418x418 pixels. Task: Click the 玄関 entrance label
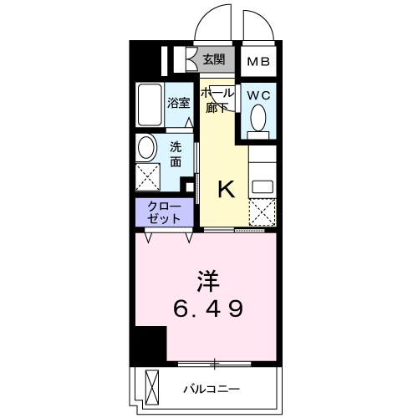tap(214, 59)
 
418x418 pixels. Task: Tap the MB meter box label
tap(257, 60)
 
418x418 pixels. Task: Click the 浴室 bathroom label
tap(178, 104)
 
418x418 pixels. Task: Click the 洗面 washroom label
tap(176, 154)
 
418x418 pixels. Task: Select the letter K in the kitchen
tap(225, 190)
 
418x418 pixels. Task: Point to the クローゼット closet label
tap(164, 212)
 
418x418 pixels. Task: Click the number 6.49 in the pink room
tap(208, 309)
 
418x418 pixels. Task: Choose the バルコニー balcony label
tap(212, 389)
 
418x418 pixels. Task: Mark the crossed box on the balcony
tap(151, 387)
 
